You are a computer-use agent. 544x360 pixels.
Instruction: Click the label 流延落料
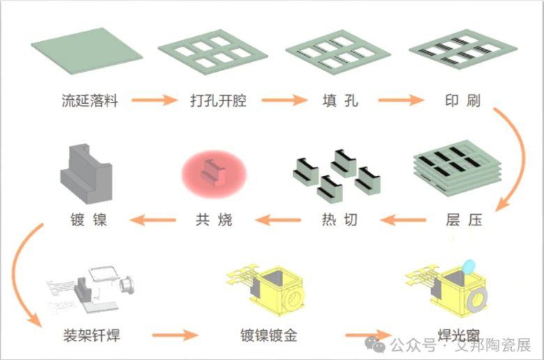[89, 100]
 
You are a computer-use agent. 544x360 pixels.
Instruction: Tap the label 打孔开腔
[218, 100]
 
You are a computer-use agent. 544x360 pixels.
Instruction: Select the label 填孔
[340, 100]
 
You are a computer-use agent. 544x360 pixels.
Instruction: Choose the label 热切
[340, 220]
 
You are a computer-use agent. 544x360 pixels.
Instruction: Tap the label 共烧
[214, 220]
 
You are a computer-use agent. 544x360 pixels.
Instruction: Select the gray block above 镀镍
[87, 174]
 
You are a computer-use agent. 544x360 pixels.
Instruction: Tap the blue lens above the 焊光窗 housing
[469, 266]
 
